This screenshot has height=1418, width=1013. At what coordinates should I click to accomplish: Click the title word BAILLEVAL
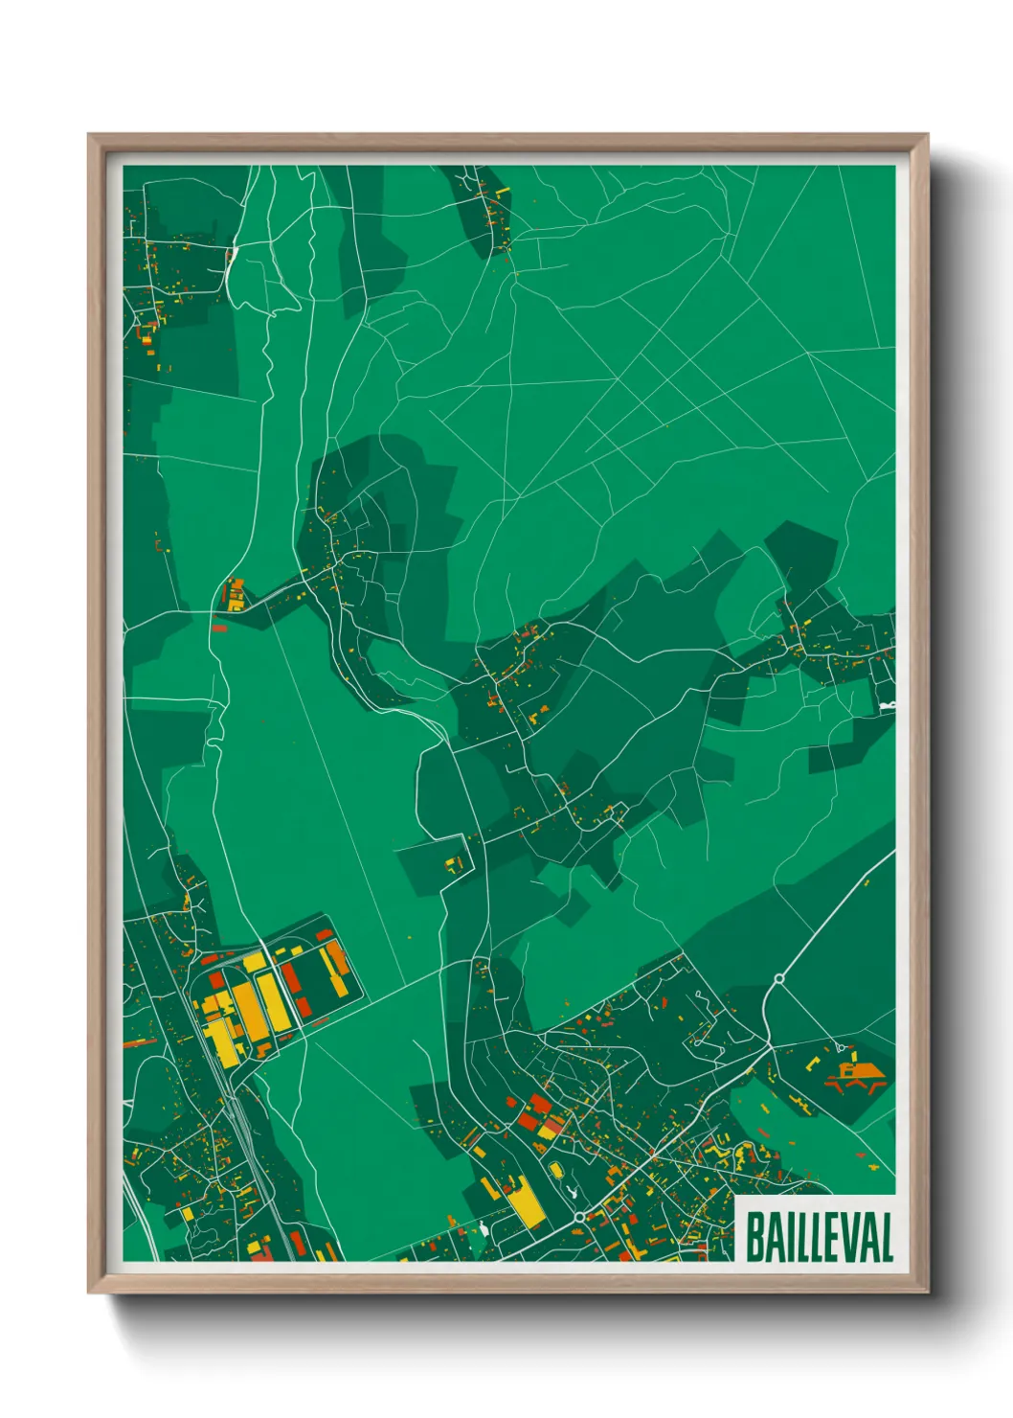819,1237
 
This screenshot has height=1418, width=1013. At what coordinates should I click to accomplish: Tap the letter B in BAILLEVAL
754,1237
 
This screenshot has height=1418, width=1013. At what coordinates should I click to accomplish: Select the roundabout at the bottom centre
580,1217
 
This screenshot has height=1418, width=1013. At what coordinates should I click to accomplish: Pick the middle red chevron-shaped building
851,1086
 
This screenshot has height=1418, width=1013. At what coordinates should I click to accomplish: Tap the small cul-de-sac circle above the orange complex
840,1047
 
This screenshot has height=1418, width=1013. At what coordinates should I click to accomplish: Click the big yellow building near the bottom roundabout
526,1202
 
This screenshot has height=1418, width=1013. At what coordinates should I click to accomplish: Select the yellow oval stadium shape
555,1170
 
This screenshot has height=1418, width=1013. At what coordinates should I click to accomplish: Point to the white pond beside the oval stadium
572,1193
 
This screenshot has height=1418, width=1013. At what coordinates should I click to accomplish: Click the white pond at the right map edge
887,706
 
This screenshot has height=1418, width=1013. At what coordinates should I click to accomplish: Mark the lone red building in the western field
218,629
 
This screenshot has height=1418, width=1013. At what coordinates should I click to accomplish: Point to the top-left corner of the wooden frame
88,135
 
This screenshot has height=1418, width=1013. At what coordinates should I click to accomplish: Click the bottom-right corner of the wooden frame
928,1292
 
